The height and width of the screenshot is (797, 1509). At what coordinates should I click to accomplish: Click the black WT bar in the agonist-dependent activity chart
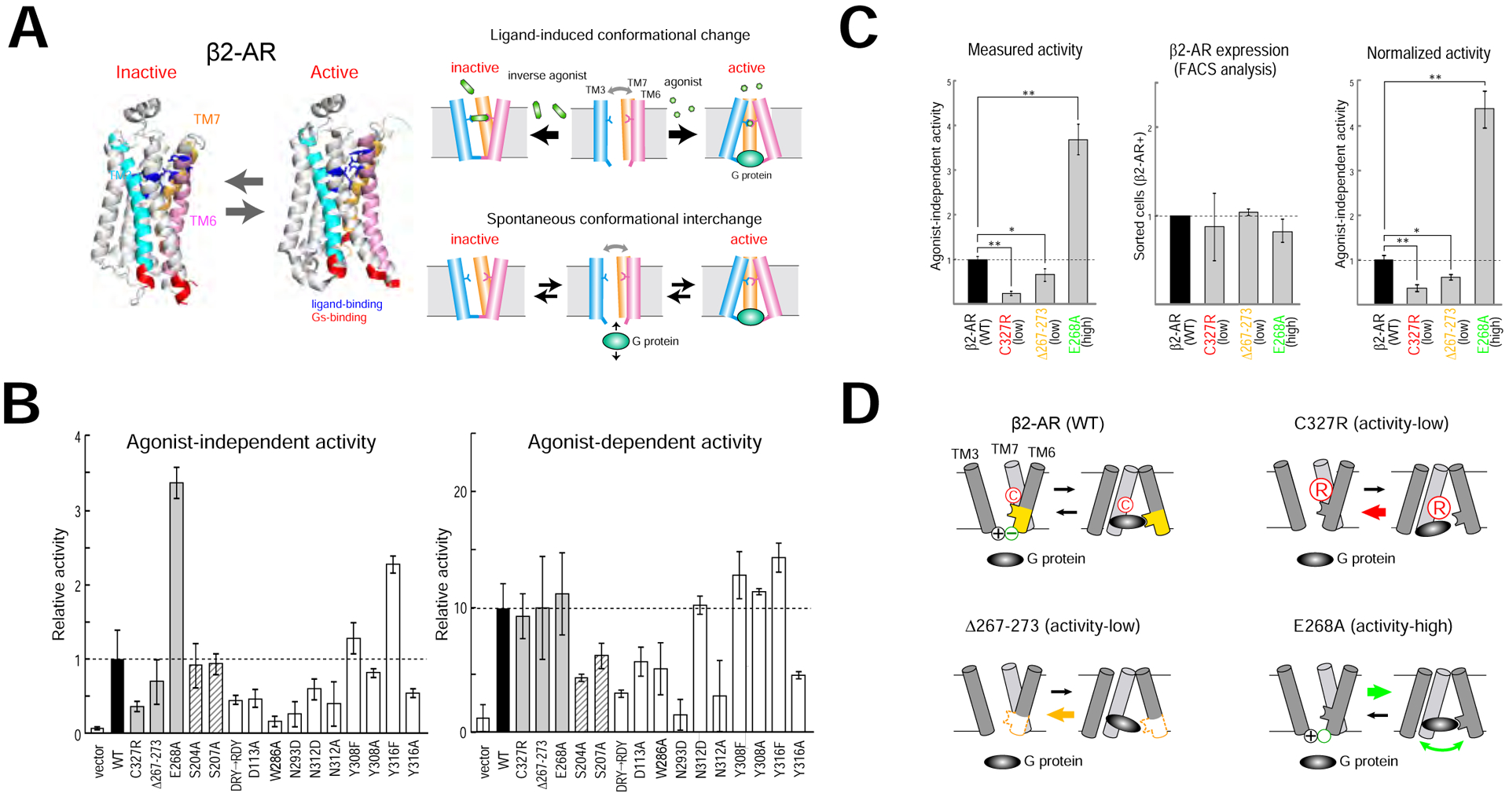pyautogui.click(x=503, y=670)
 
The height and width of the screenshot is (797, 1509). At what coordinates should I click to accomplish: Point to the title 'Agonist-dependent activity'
pyautogui.click(x=644, y=443)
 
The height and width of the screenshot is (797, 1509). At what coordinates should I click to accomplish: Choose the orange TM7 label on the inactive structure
pyautogui.click(x=207, y=119)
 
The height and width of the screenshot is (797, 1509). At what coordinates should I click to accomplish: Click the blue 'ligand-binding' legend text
pyautogui.click(x=347, y=304)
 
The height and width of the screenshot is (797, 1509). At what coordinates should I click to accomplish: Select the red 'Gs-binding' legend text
pyautogui.click(x=339, y=318)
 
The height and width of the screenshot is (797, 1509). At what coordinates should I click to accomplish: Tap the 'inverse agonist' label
pyautogui.click(x=547, y=75)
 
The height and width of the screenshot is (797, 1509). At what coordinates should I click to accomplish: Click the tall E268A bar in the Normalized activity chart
pyautogui.click(x=1484, y=206)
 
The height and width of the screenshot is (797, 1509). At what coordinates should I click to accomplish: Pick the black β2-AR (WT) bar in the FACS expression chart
pyautogui.click(x=1180, y=259)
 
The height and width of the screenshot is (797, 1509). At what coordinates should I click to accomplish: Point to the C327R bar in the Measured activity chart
pyautogui.click(x=1011, y=298)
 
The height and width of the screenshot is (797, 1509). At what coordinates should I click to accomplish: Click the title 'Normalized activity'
pyautogui.click(x=1428, y=53)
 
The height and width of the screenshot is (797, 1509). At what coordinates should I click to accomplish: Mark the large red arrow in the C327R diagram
pyautogui.click(x=1373, y=512)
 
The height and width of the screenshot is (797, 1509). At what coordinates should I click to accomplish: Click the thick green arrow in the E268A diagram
pyautogui.click(x=1379, y=692)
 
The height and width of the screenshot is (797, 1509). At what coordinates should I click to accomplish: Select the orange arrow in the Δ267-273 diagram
pyautogui.click(x=1061, y=714)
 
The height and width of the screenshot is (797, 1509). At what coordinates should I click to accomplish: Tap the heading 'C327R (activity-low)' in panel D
pyautogui.click(x=1371, y=424)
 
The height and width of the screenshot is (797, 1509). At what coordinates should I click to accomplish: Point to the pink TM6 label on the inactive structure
pyautogui.click(x=203, y=222)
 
